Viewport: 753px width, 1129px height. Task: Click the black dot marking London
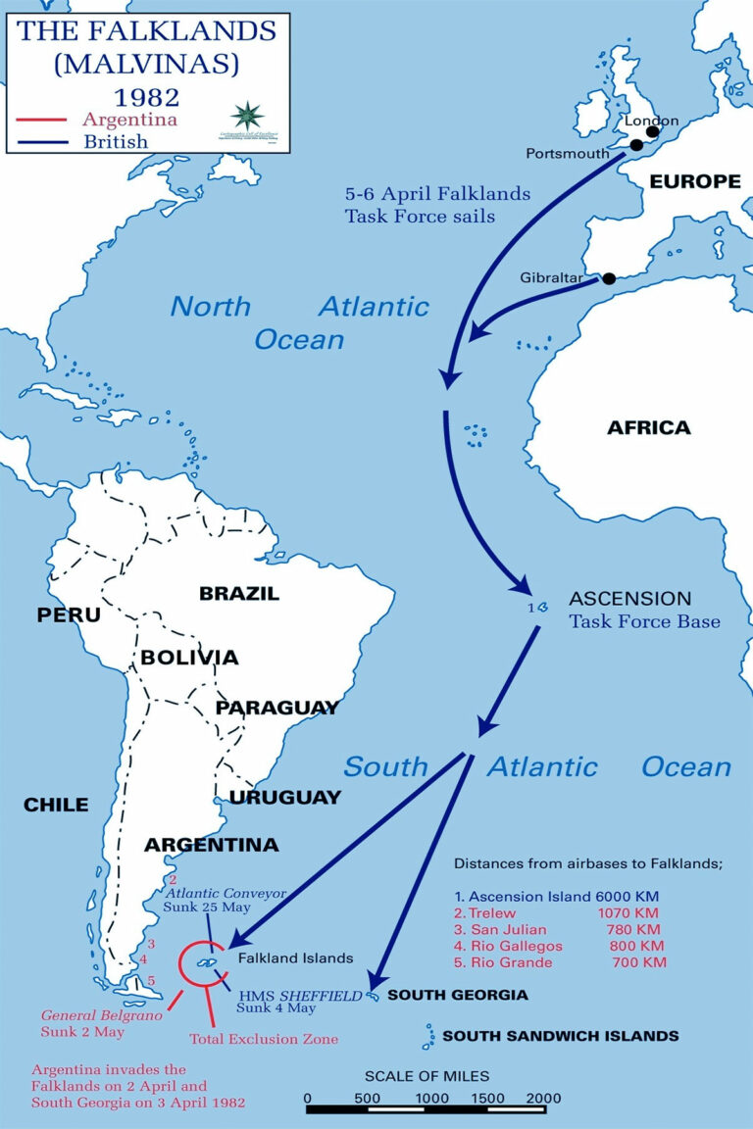click(653, 132)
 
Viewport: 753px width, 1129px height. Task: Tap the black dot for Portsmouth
click(636, 145)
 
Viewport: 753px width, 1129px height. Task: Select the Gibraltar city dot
click(609, 278)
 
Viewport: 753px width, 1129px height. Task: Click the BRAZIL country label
click(239, 594)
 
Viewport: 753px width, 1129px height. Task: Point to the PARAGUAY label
click(277, 708)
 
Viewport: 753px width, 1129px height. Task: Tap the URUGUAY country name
click(285, 797)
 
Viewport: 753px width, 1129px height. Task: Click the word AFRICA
click(648, 427)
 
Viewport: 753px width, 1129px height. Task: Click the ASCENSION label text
click(630, 599)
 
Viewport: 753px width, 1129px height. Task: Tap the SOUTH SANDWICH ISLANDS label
click(560, 1035)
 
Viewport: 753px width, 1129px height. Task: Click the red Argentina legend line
click(38, 121)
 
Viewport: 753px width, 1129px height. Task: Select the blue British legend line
click(38, 141)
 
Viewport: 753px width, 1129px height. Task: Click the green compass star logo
click(248, 115)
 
